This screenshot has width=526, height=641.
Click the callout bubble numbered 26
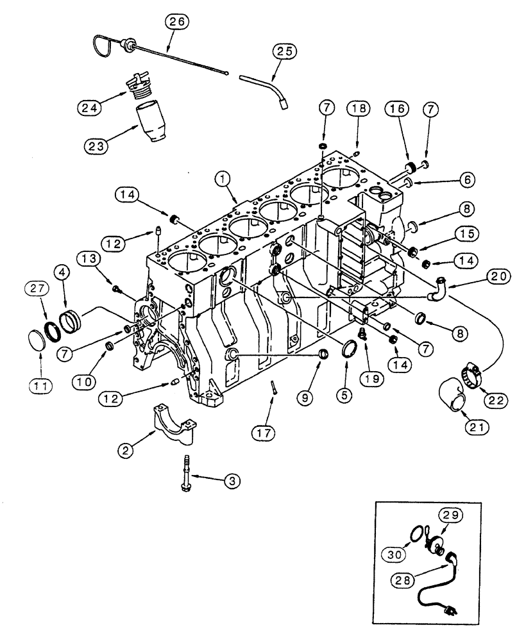pos(178,21)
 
